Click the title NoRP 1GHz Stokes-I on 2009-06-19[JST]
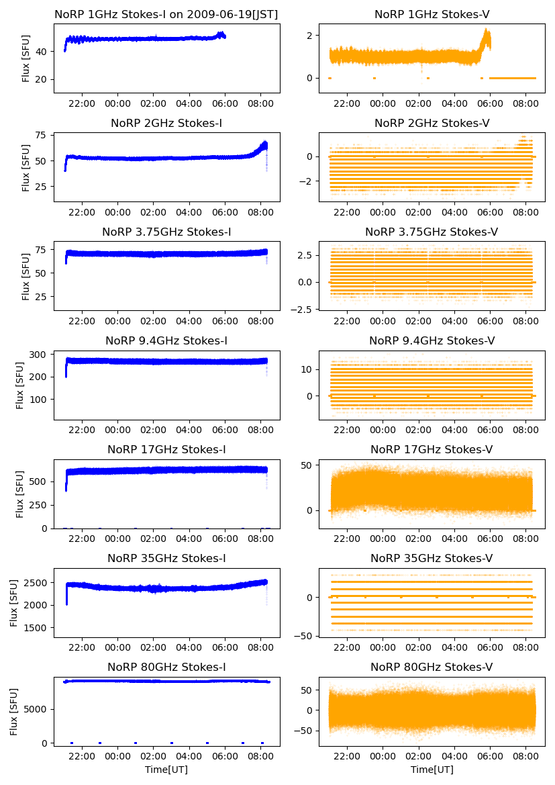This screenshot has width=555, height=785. (x=166, y=14)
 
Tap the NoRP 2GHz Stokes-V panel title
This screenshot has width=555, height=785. (x=432, y=123)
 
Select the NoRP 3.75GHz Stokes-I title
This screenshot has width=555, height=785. (x=166, y=232)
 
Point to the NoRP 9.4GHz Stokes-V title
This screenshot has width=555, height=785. (x=432, y=340)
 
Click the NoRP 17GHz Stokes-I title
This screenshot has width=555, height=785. (x=166, y=449)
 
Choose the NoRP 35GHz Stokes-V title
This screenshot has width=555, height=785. (x=432, y=558)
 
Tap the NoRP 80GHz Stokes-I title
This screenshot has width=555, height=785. (x=166, y=667)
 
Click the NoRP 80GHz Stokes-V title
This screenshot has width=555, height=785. (x=432, y=667)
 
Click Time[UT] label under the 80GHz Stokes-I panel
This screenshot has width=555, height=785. (x=166, y=770)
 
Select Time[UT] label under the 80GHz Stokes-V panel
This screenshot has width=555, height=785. (x=432, y=770)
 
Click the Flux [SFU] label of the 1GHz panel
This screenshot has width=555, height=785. (x=26, y=58)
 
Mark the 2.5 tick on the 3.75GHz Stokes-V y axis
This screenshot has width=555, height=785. (x=304, y=256)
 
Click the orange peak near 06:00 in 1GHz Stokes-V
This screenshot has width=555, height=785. (x=487, y=31)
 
